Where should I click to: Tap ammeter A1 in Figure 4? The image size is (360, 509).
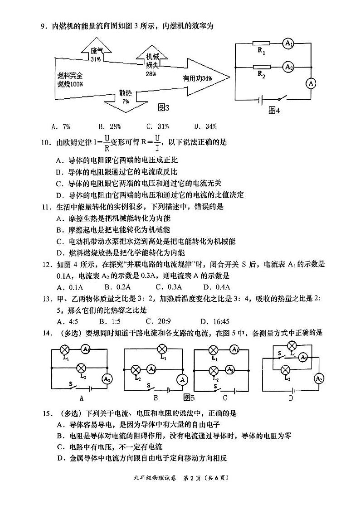(289, 44)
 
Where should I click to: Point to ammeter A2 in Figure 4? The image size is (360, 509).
(289, 67)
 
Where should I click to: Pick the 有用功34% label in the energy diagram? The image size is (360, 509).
(198, 78)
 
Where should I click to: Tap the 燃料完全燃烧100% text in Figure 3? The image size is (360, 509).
(70, 80)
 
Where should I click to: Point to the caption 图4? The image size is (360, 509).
(274, 111)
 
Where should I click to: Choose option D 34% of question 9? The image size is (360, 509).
(205, 126)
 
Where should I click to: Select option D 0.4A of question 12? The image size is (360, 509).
(217, 287)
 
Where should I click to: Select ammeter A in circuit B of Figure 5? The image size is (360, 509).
(183, 379)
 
